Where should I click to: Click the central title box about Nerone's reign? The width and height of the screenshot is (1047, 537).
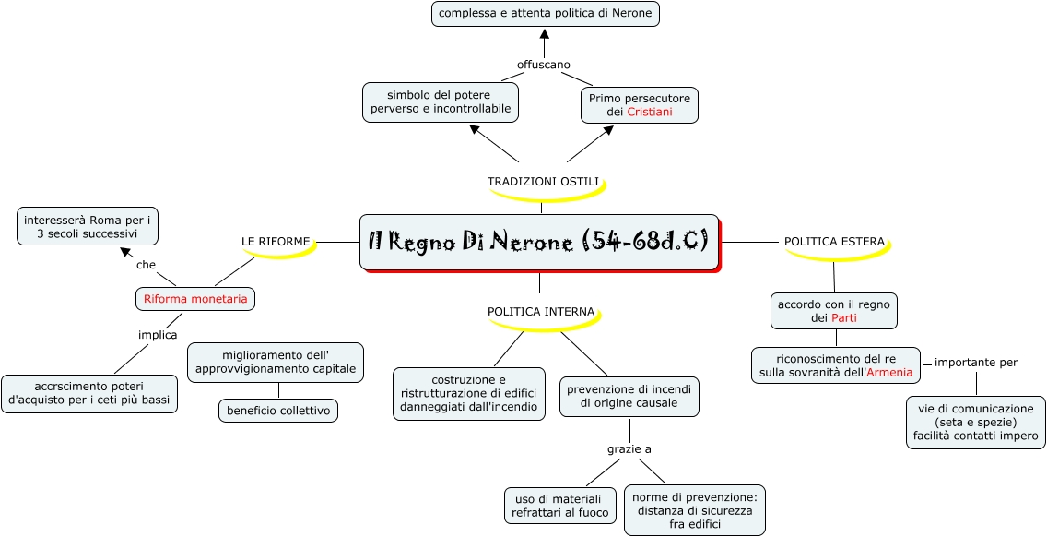pyautogui.click(x=538, y=243)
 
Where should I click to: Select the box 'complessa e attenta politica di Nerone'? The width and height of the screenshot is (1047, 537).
pyautogui.click(x=546, y=14)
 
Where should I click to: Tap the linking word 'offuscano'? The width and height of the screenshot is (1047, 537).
pyautogui.click(x=544, y=64)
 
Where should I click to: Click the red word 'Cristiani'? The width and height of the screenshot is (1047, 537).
pyautogui.click(x=650, y=112)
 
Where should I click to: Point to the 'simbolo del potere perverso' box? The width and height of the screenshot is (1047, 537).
pyautogui.click(x=440, y=102)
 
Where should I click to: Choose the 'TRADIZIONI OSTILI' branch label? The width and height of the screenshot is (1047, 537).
pyautogui.click(x=543, y=182)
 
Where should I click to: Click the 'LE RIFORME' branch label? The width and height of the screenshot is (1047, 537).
pyautogui.click(x=276, y=241)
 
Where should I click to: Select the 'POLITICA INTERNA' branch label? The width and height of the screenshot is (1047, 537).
pyautogui.click(x=541, y=312)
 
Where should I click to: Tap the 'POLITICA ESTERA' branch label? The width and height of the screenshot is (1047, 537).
pyautogui.click(x=834, y=242)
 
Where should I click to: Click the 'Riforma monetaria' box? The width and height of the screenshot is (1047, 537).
pyautogui.click(x=195, y=299)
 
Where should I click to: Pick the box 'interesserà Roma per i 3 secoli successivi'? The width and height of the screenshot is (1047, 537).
pyautogui.click(x=88, y=226)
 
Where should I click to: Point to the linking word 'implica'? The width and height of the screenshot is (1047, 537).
pyautogui.click(x=158, y=335)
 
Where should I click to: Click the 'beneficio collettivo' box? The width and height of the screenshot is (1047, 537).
pyautogui.click(x=278, y=411)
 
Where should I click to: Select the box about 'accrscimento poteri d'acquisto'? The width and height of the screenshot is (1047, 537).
pyautogui.click(x=89, y=394)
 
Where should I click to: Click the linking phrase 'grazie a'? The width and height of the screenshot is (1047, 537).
pyautogui.click(x=629, y=449)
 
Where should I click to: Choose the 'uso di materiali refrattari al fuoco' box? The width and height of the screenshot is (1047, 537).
pyautogui.click(x=560, y=506)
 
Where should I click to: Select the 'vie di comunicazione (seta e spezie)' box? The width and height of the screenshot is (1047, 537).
pyautogui.click(x=975, y=422)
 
